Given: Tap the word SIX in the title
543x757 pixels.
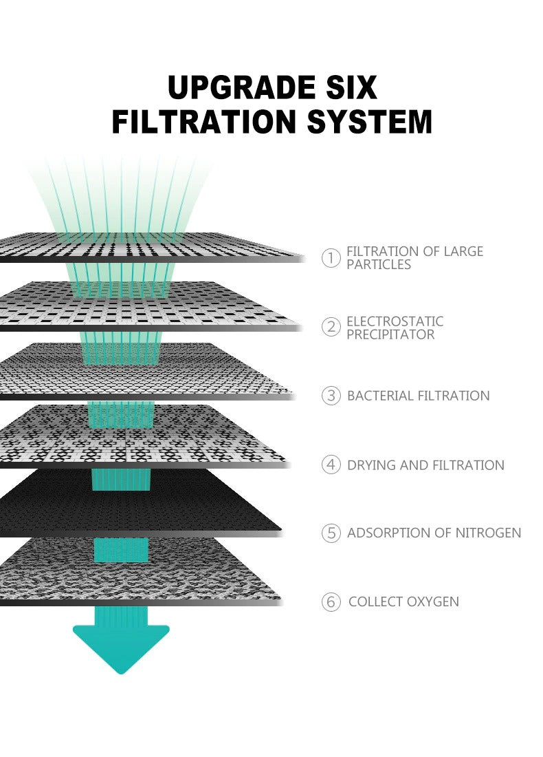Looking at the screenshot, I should [x=348, y=88].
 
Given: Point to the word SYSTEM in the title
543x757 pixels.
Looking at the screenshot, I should [x=370, y=122].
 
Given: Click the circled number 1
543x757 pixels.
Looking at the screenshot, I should [x=331, y=258].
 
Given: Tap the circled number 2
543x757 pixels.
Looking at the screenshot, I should [x=331, y=327].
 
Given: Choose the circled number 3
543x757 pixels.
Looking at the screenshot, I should [x=331, y=396].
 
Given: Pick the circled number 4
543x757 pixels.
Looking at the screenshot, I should [x=331, y=465].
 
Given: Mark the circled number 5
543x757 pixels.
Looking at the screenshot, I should [x=331, y=533].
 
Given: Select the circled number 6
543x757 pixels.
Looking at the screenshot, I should [x=331, y=602].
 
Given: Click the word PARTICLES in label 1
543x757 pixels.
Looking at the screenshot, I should [x=379, y=265].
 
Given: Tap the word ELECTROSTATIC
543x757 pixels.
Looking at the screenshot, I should [x=395, y=321].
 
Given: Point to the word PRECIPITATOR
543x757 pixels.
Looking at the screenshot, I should [x=390, y=334].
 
